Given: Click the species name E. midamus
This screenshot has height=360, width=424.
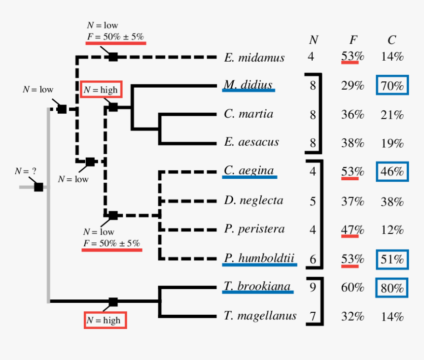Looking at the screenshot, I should tap(254, 58).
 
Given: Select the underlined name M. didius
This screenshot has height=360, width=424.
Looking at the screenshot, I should tap(248, 85).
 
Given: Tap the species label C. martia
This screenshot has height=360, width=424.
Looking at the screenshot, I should tap(248, 114).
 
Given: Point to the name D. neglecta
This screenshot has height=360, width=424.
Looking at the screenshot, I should tap(253, 200).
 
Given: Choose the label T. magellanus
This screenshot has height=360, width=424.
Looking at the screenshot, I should tap(260, 316).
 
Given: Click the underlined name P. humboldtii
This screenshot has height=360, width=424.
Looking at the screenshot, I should tap(259, 258).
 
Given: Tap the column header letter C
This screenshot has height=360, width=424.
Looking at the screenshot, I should tap(391, 40).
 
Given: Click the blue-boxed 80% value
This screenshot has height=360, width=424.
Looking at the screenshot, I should tap(392, 288).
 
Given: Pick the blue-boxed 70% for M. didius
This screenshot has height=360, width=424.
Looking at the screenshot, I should tap(392, 86).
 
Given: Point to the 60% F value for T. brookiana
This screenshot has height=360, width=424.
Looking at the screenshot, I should tap(352, 288).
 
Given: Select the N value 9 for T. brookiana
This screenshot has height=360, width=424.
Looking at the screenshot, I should tap(312, 287).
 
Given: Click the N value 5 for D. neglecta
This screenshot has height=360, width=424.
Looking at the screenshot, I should tap(312, 200).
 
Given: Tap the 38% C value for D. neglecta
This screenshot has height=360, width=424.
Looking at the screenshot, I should tap(392, 201).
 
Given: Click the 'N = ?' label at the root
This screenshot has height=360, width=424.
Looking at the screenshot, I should tap(26, 171).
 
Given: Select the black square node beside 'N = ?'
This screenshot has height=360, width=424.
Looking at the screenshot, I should tap(38, 187).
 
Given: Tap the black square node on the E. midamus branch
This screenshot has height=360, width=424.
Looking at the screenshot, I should tap(113, 57).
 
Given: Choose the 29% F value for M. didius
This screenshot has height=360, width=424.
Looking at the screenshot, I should tap(352, 86).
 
